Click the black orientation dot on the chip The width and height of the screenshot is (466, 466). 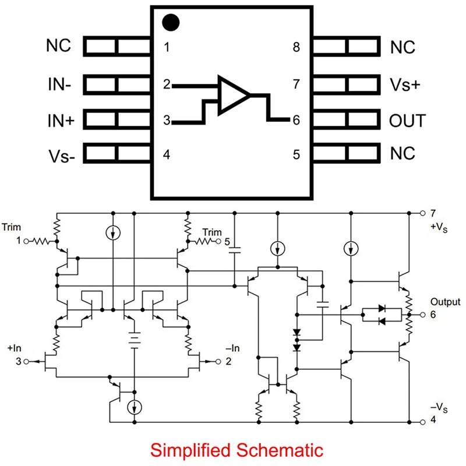(170, 23)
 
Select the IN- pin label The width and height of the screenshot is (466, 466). (60, 85)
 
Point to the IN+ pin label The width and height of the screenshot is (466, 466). (60, 121)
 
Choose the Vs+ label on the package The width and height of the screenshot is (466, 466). (404, 85)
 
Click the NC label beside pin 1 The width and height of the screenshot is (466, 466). (59, 46)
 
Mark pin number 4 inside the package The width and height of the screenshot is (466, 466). (167, 156)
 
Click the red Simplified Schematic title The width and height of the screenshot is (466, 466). (236, 450)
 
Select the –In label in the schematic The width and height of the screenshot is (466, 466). (233, 348)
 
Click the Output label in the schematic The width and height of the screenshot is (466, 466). (445, 302)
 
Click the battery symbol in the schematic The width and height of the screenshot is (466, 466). (135, 339)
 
